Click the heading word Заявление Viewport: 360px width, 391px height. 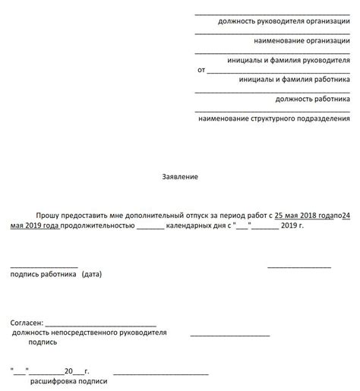pos(180,176)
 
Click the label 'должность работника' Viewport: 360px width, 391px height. pos(313,99)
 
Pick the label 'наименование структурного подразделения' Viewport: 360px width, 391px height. pos(274,118)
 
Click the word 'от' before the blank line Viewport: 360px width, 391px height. pos(201,70)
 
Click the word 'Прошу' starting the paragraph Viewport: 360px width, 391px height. pos(47,216)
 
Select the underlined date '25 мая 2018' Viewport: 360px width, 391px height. pos(297,216)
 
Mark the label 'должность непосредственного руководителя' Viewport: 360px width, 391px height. pos(89,333)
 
